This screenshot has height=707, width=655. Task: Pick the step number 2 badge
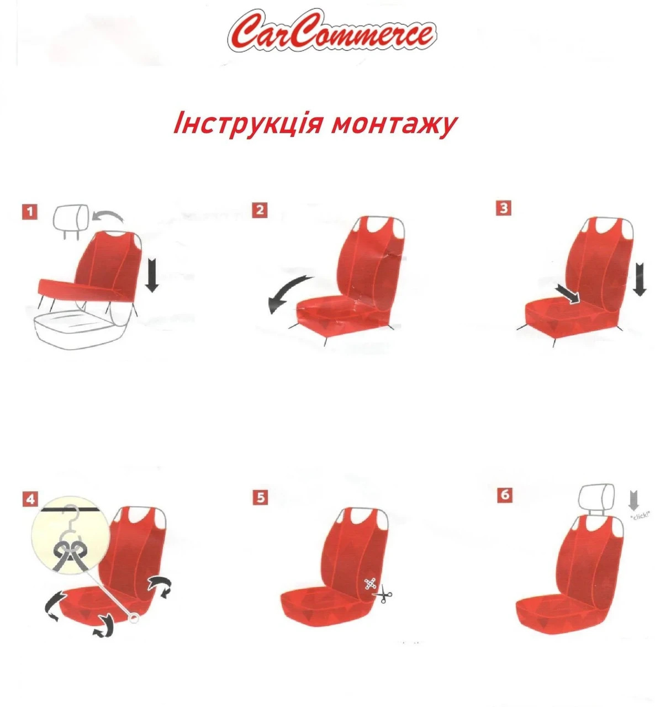[x=260, y=210]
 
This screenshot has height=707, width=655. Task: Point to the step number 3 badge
[x=504, y=208]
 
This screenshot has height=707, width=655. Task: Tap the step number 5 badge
[x=261, y=497]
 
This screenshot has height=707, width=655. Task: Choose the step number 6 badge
[x=505, y=494]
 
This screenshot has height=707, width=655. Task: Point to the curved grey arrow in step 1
[x=108, y=215]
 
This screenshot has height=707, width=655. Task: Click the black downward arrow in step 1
[x=152, y=275]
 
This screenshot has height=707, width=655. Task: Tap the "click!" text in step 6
[x=640, y=515]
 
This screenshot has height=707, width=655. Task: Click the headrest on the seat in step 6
[x=596, y=499]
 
